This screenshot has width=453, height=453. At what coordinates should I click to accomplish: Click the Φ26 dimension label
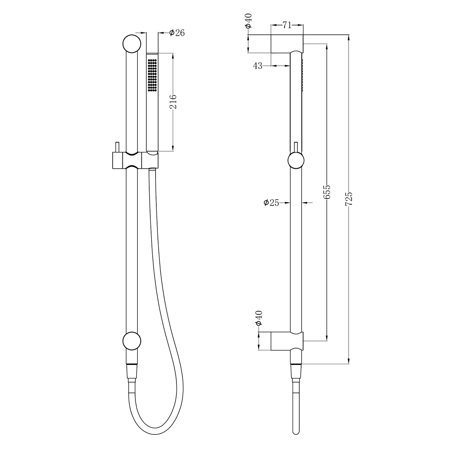(x=177, y=33)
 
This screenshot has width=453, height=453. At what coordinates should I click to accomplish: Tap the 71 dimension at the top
(x=287, y=25)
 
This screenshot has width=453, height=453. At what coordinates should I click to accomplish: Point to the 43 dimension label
(x=257, y=66)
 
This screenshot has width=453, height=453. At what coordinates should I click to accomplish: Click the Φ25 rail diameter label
(x=271, y=203)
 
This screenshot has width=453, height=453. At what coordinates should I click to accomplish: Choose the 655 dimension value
(x=327, y=192)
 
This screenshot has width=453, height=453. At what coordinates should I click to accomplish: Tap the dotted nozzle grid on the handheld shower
(x=152, y=74)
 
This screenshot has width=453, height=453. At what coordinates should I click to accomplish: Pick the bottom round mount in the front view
(x=132, y=342)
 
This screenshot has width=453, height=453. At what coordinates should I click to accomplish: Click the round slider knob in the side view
(x=296, y=161)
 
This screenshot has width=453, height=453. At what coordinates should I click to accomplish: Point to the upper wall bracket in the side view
(x=287, y=44)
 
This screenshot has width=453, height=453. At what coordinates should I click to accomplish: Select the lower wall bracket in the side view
(x=287, y=341)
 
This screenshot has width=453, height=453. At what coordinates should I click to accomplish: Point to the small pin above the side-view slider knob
(x=296, y=147)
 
